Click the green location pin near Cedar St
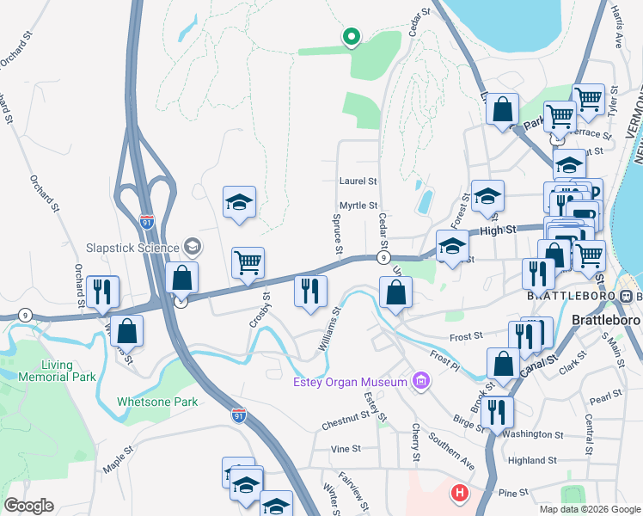(x=351, y=37)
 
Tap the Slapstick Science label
(x=132, y=247)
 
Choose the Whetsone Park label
(x=157, y=402)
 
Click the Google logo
(x=28, y=505)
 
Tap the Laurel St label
(x=358, y=181)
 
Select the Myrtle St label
(x=358, y=206)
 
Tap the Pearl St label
(x=605, y=400)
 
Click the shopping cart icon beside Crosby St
(x=248, y=261)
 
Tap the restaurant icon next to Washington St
(x=498, y=411)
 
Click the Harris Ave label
(x=617, y=30)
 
